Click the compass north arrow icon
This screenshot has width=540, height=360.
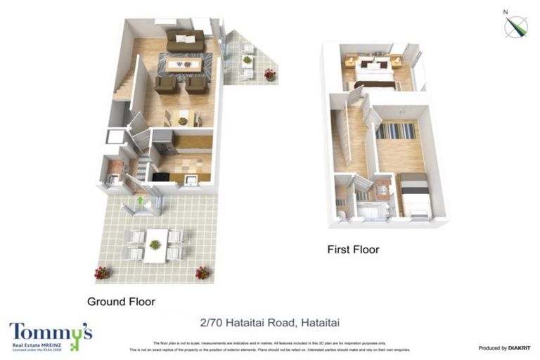(x=516, y=25)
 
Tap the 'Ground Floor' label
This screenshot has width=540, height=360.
(x=121, y=302)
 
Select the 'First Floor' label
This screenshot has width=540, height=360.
(x=353, y=250)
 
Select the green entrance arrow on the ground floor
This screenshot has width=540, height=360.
(x=140, y=201)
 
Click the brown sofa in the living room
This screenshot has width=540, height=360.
(x=185, y=40)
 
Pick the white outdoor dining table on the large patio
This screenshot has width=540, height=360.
(x=155, y=244)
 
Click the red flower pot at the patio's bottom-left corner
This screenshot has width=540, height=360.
(x=103, y=272)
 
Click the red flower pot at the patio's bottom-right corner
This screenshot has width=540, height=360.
(x=202, y=272)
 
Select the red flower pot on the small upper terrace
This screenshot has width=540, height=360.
(x=270, y=74)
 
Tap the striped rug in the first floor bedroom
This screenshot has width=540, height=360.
(x=396, y=131)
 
